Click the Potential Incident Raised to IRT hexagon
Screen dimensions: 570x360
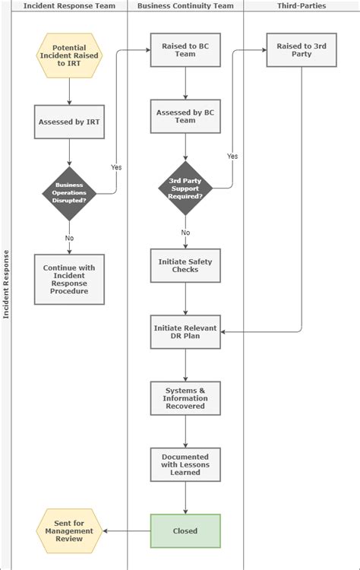click(69, 55)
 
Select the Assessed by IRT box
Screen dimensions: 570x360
click(69, 122)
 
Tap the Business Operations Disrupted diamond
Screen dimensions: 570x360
click(69, 194)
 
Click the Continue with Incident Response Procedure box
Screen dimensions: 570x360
click(69, 280)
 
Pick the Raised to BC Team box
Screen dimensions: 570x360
click(185, 50)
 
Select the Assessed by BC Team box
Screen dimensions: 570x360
click(185, 116)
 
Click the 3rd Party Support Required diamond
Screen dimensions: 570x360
click(185, 188)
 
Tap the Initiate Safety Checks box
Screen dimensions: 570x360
click(185, 265)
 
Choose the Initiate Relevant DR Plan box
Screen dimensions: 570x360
click(185, 332)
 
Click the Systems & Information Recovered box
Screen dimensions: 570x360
click(185, 397)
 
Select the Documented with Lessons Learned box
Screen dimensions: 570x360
click(185, 464)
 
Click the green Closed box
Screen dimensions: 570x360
click(185, 530)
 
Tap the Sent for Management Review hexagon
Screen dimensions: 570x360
click(69, 530)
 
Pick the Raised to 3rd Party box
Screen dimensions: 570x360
click(302, 50)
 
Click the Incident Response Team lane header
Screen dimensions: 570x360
click(69, 5)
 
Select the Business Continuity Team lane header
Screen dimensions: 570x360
click(185, 5)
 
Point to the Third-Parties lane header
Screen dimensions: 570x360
click(302, 5)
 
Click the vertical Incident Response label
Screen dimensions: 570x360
click(6, 285)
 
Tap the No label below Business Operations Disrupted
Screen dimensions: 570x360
click(69, 238)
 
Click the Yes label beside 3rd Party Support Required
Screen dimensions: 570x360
click(232, 156)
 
